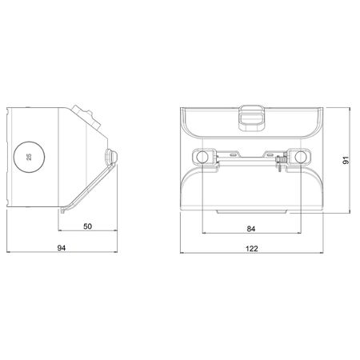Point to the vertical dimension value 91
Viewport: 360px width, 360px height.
pyautogui.click(x=346, y=159)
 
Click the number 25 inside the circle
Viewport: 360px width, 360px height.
pyautogui.click(x=30, y=156)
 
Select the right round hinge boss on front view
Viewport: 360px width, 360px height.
pyautogui.click(x=303, y=158)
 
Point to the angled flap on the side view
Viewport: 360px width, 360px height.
pyautogui.click(x=88, y=186)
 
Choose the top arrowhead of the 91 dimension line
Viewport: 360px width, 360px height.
pyautogui.click(x=352, y=105)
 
